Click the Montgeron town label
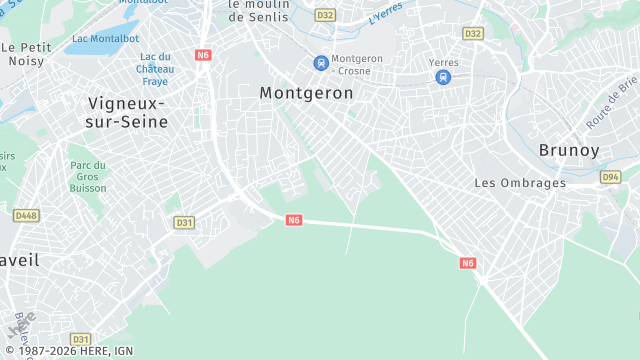(x=306, y=93)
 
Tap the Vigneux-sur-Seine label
(x=126, y=111)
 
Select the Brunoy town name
(x=569, y=150)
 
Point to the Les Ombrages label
(x=519, y=183)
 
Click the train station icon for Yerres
(x=443, y=77)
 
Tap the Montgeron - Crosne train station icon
(x=321, y=63)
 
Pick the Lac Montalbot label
(x=104, y=39)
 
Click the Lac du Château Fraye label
(x=156, y=69)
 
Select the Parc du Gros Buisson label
(x=88, y=177)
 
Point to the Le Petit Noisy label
(x=26, y=53)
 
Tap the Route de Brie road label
(x=612, y=103)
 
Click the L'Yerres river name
(x=385, y=13)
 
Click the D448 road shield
(x=25, y=215)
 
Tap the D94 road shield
(x=610, y=177)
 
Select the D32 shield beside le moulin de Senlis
(x=325, y=15)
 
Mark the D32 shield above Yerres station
(x=473, y=33)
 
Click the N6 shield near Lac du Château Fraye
(x=204, y=55)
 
